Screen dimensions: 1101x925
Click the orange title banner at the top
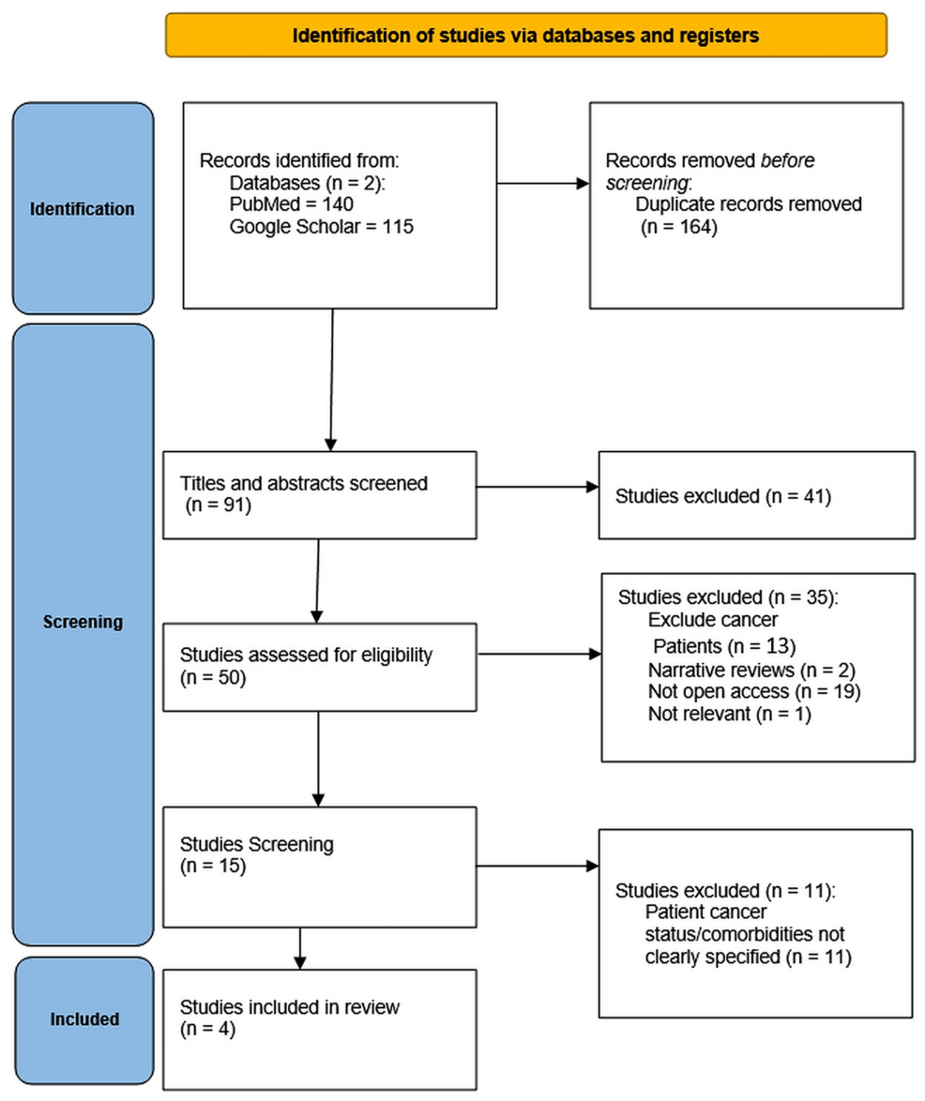pos(525,36)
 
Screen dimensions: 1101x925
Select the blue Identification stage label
pos(82,208)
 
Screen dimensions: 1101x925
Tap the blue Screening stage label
pos(82,621)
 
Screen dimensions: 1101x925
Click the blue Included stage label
pos(82,1018)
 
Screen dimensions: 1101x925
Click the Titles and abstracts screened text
pos(303,485)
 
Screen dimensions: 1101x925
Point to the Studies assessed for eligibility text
pos(306,656)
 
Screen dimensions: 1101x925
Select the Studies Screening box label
pos(256,844)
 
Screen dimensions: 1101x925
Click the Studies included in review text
pos(290,1009)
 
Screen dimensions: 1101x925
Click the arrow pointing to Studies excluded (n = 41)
pos(538,487)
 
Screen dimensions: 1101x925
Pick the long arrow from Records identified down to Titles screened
pos(331,375)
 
